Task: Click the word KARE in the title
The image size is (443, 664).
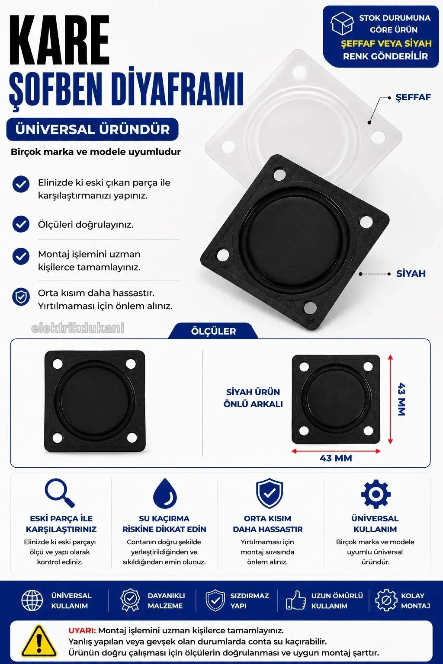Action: (x=60, y=40)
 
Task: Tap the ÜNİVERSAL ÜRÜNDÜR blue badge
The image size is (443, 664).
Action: (x=92, y=129)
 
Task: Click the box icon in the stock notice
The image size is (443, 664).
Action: (x=342, y=23)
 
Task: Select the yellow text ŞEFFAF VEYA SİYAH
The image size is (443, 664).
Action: (x=386, y=44)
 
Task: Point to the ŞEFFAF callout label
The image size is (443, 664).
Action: (x=413, y=97)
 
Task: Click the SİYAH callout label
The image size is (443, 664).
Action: (x=411, y=273)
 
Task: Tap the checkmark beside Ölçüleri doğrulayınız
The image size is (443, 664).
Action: (x=21, y=224)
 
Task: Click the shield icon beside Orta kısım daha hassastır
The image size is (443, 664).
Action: (x=21, y=297)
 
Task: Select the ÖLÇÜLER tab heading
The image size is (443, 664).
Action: (x=213, y=331)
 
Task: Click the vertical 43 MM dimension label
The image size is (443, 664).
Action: (x=401, y=399)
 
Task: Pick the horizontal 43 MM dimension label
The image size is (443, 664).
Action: (x=336, y=458)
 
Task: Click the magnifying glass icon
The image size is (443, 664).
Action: (x=60, y=493)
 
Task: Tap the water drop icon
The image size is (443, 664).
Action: (x=165, y=493)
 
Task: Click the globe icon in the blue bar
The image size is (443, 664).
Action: (x=32, y=600)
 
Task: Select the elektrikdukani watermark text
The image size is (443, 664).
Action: (x=78, y=328)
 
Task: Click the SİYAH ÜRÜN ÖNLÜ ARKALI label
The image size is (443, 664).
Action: (x=253, y=398)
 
